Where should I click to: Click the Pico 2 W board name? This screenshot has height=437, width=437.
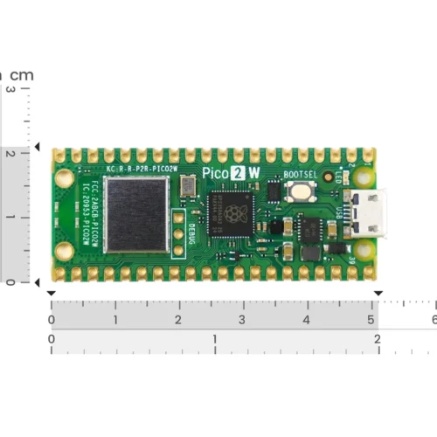point(231,172)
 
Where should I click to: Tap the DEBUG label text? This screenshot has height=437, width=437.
point(191,233)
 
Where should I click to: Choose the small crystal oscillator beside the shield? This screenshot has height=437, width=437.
point(188,184)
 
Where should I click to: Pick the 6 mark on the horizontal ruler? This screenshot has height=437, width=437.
point(433,321)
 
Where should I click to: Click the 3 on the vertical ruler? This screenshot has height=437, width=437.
point(10,89)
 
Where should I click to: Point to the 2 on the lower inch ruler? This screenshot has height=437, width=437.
point(377,338)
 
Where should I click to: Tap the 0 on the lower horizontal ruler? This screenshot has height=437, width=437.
point(52,338)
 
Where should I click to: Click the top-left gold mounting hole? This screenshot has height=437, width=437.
point(64,177)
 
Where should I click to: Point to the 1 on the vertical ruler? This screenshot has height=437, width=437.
point(10,216)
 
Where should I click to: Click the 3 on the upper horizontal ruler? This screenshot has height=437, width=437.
point(242,321)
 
